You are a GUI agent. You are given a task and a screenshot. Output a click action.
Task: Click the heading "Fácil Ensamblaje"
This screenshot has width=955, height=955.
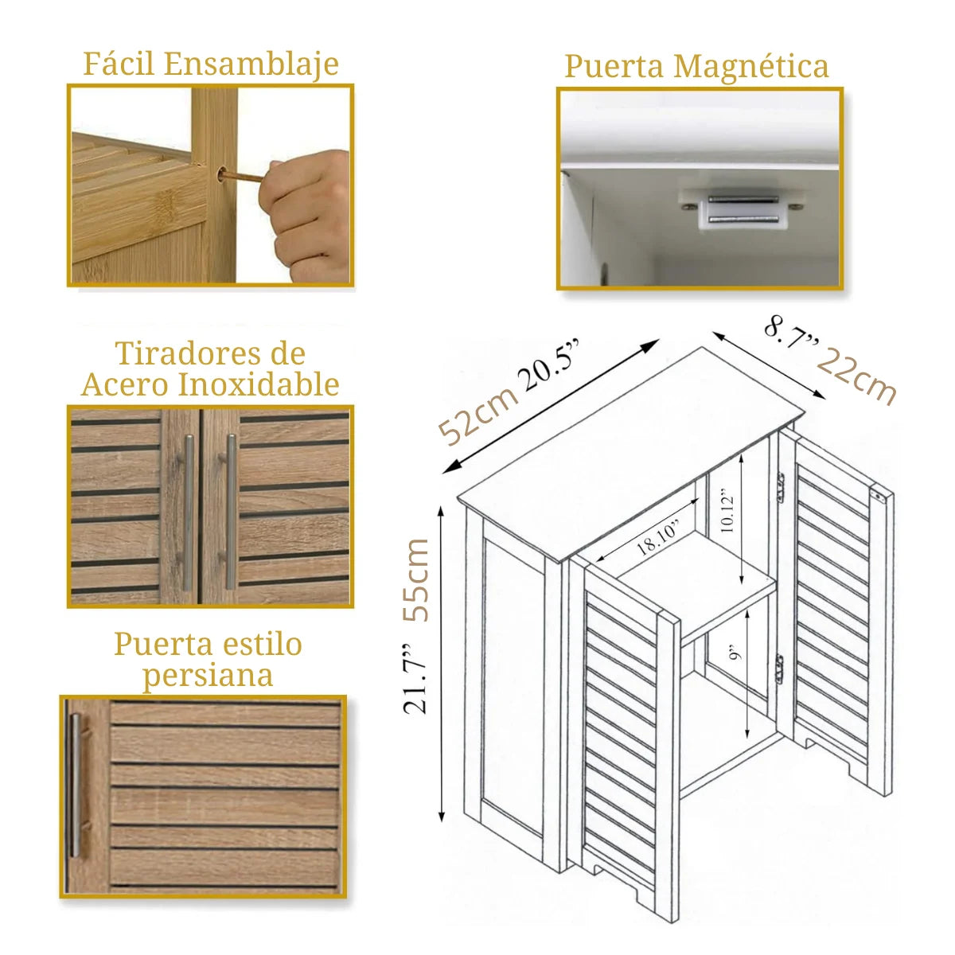pyautogui.click(x=211, y=64)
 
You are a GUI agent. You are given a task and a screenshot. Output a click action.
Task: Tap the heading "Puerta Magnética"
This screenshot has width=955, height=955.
pyautogui.click(x=696, y=66)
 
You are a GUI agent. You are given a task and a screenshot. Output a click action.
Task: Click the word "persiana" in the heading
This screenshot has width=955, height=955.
pyautogui.click(x=208, y=676)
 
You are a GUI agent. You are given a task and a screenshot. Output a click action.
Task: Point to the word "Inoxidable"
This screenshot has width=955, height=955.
pyautogui.click(x=259, y=384)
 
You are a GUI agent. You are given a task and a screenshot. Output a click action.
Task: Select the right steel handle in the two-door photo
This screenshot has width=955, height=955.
pyautogui.click(x=229, y=513)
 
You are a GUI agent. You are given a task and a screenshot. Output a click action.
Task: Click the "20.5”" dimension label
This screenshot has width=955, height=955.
pyautogui.click(x=548, y=365)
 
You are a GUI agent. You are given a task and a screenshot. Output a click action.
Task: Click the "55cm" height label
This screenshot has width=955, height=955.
pyautogui.click(x=415, y=580)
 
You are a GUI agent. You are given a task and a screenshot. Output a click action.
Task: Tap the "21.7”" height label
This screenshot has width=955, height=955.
pyautogui.click(x=415, y=680)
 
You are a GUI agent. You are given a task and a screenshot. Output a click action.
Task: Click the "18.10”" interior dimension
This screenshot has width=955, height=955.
pyautogui.click(x=657, y=538)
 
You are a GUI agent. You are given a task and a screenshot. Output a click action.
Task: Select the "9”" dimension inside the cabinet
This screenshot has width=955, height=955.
pyautogui.click(x=735, y=653)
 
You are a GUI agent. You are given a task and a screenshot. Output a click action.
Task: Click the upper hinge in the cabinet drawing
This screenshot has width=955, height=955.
pyautogui.click(x=782, y=488)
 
